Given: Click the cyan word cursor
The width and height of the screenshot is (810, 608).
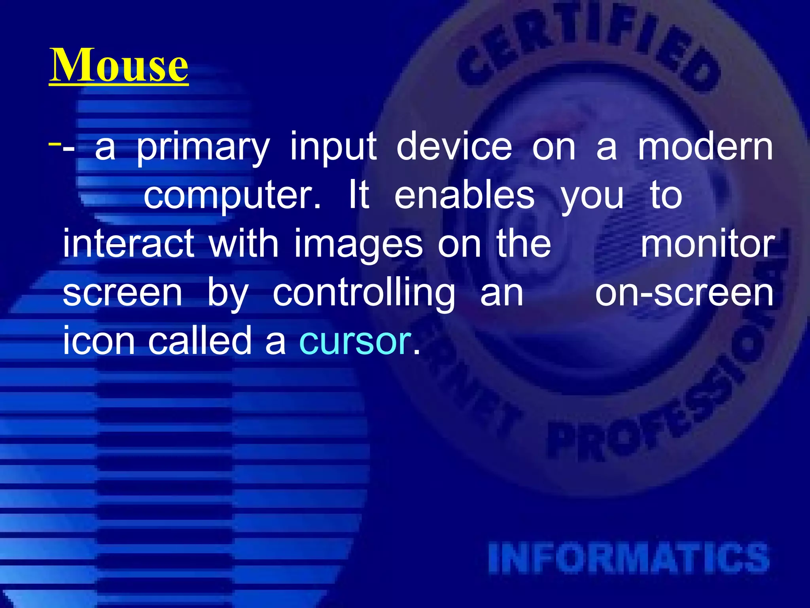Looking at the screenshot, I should pyautogui.click(x=355, y=341).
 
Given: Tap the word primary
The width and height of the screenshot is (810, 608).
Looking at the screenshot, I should pyautogui.click(x=203, y=148).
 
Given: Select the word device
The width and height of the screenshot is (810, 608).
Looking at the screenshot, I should pyautogui.click(x=454, y=147).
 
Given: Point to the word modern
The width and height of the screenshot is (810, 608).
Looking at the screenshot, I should pyautogui.click(x=705, y=147).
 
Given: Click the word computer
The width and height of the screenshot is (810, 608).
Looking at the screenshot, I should pyautogui.click(x=232, y=196).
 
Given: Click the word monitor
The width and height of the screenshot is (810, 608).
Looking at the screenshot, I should pyautogui.click(x=708, y=244).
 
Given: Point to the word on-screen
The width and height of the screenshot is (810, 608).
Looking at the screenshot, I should pyautogui.click(x=684, y=293).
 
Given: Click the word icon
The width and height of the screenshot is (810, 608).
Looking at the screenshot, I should pyautogui.click(x=99, y=341).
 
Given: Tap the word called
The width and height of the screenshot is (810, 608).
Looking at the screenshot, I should pyautogui.click(x=200, y=341).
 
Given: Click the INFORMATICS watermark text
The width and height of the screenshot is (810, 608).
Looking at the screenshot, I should pyautogui.click(x=629, y=559).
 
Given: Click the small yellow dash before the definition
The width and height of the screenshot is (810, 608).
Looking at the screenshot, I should pyautogui.click(x=55, y=143).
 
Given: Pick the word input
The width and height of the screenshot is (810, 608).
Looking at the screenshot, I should pyautogui.click(x=333, y=148).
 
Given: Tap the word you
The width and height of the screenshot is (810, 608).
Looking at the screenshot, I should pyautogui.click(x=592, y=196).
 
